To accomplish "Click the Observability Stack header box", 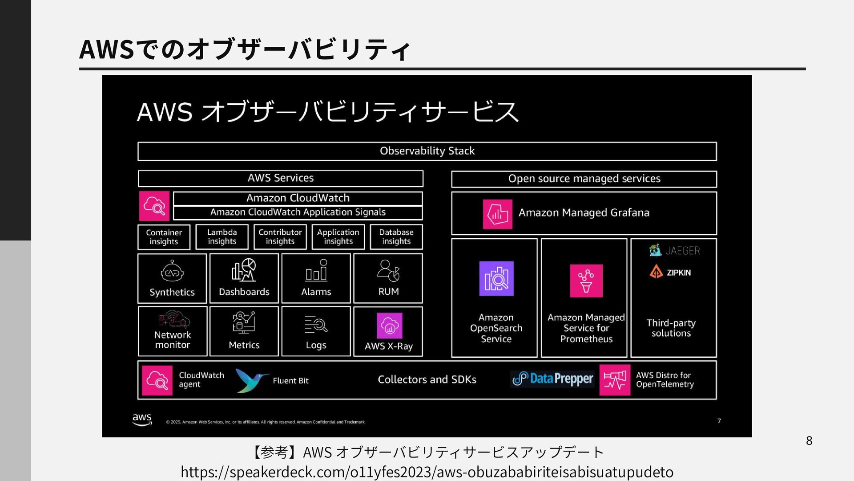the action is pos(427,151).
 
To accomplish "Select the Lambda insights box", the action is pos(222,237).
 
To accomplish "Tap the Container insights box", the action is pos(164,237).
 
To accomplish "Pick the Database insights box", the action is pos(396,237).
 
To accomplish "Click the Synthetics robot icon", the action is pos(172,271).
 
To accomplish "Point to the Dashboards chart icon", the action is pos(244,270).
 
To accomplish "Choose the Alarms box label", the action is pos(316,292).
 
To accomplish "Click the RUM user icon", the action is pos(388,270).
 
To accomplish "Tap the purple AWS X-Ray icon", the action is pos(389,326).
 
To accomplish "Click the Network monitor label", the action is pos(173,340).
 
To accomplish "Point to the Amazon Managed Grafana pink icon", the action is pos(497,214).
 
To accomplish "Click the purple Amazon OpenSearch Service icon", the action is pos(496,278).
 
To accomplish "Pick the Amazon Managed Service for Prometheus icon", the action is pos(586,281).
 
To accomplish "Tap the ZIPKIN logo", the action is pos(671,272).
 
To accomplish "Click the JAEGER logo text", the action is pos(682,251).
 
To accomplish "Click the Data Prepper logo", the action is pos(552,379).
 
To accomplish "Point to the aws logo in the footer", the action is pos(142,419).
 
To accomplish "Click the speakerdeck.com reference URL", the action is pos(427,472).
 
